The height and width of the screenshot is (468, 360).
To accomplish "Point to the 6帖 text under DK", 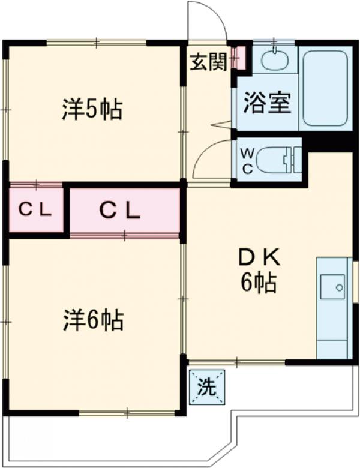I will coord(259,281).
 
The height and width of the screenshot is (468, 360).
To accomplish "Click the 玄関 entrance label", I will coord(208,62).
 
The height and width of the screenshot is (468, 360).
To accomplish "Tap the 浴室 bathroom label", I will coord(267,103).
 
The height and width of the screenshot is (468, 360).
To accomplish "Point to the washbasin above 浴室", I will coord(275,59).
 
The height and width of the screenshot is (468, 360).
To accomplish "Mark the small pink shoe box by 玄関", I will coord(239,58).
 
